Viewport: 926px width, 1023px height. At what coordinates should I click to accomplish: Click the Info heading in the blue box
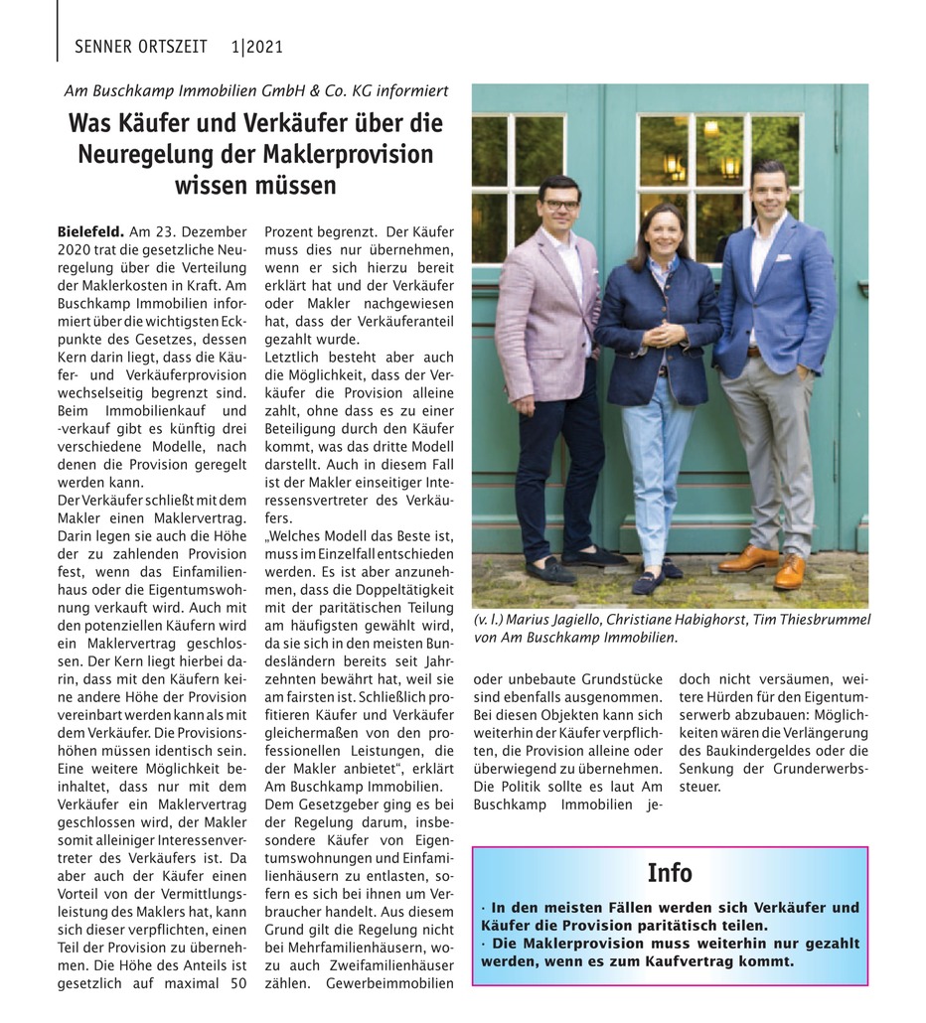669,873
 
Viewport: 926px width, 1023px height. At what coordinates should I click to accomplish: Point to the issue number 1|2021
256,46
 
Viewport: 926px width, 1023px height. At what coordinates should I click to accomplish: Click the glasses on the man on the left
560,204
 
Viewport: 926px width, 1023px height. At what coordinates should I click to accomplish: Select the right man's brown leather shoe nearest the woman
748,559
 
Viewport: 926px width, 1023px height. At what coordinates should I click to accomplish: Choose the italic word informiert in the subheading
406,90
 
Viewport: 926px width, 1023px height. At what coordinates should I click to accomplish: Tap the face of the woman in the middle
661,229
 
